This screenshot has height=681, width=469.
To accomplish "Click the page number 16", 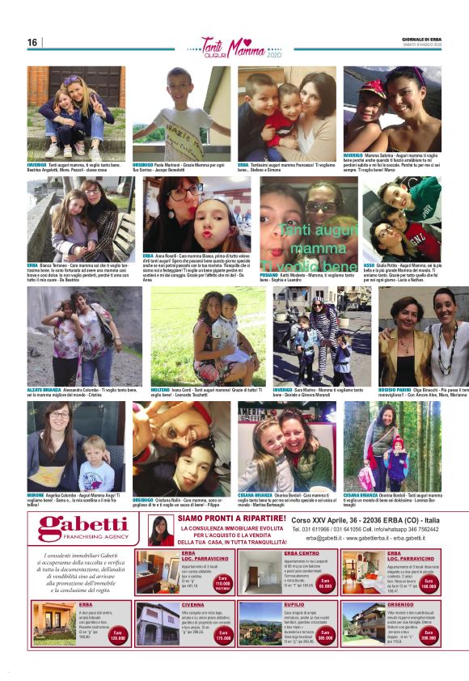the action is (32, 43).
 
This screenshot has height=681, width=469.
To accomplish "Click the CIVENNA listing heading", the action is (193, 604).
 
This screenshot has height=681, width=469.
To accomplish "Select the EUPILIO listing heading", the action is (294, 604).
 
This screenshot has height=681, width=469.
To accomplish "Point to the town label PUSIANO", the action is (270, 276).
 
